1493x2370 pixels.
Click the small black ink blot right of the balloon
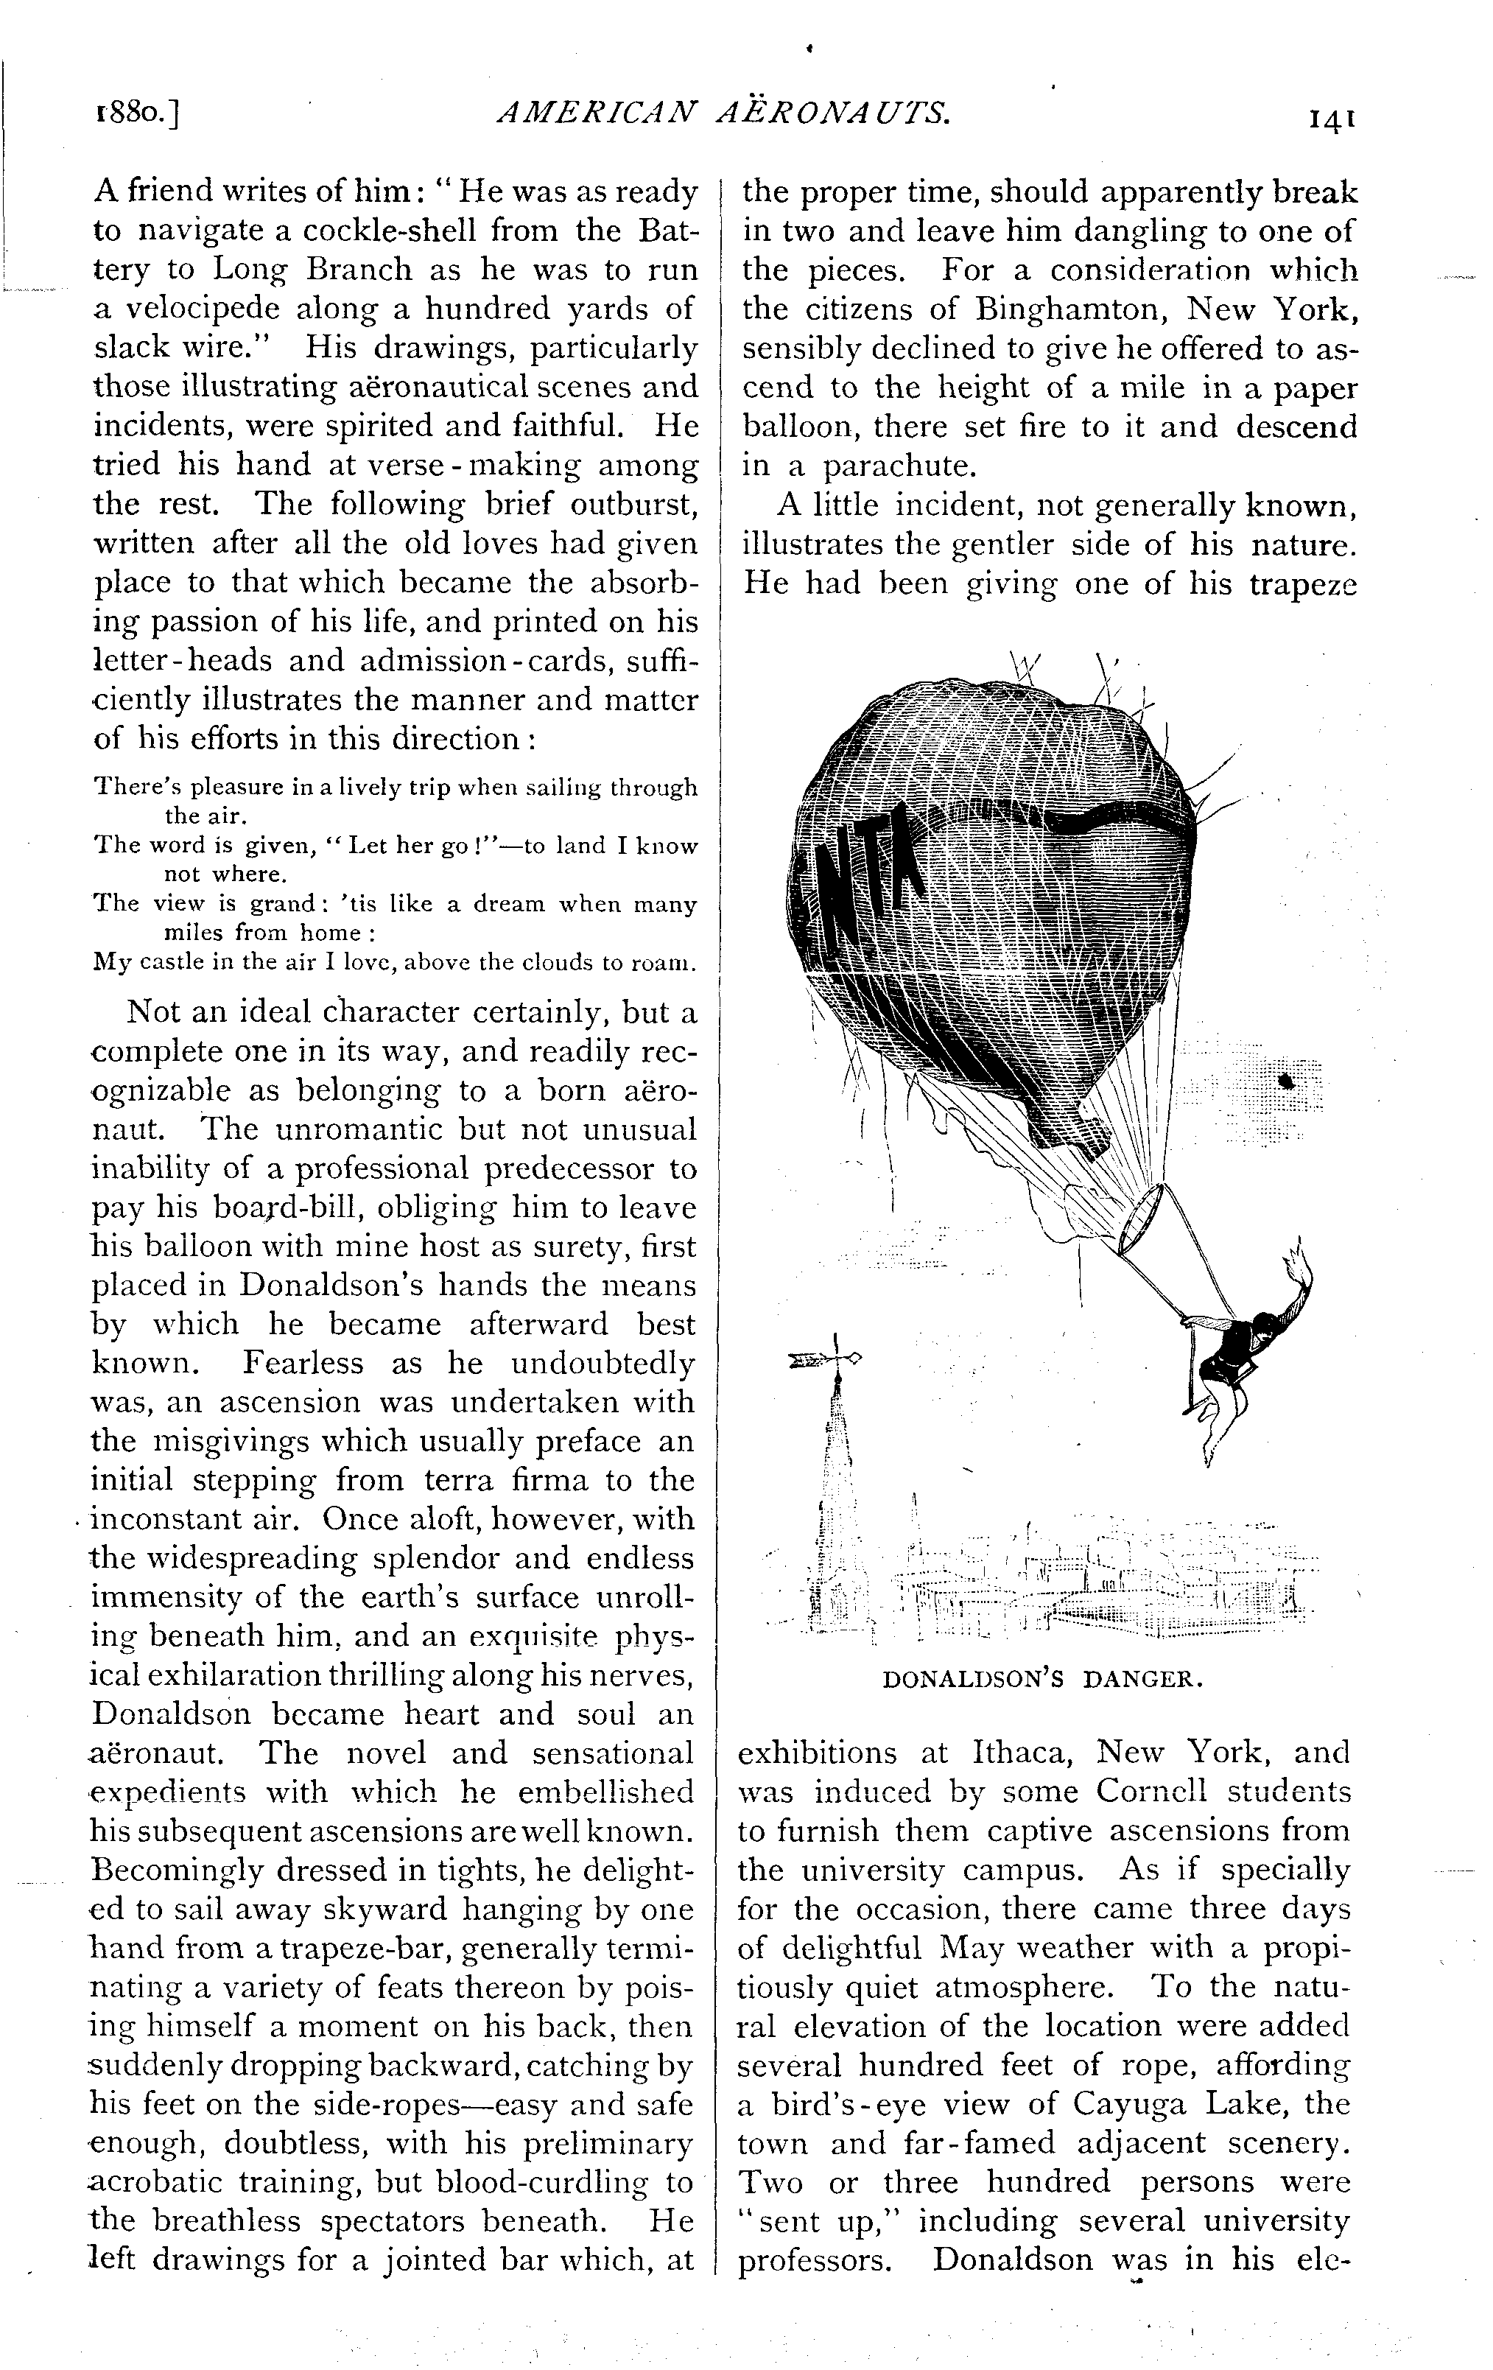pyautogui.click(x=1285, y=1081)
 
